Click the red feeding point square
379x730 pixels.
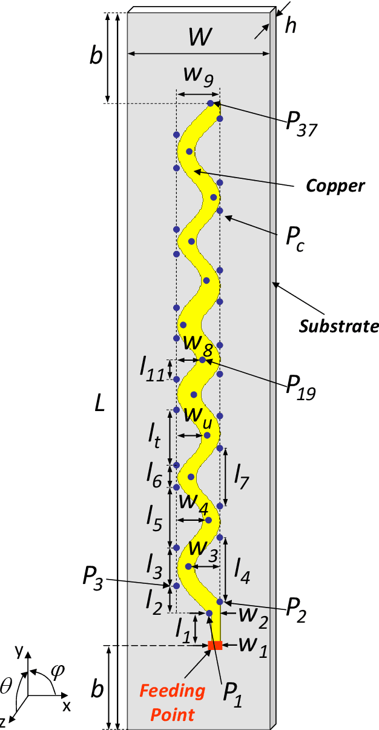click(x=215, y=645)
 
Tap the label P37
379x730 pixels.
click(x=301, y=125)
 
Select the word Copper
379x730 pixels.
click(x=335, y=186)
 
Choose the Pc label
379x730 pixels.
click(x=295, y=241)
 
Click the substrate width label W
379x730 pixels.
click(x=199, y=38)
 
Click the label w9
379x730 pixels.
click(x=199, y=75)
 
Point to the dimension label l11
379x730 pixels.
click(x=151, y=369)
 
